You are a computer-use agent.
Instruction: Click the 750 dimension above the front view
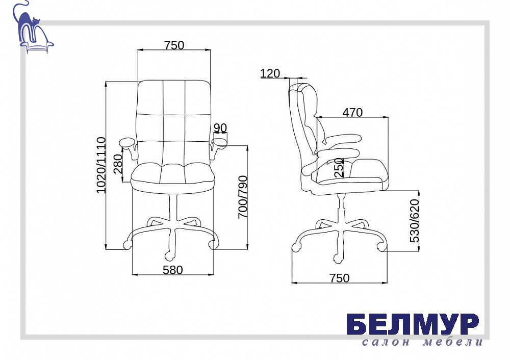pyautogui.click(x=174, y=45)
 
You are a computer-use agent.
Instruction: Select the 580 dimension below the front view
pyautogui.click(x=173, y=270)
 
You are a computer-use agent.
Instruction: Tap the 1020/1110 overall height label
pyautogui.click(x=101, y=165)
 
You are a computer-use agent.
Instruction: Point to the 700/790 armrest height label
pyautogui.click(x=243, y=197)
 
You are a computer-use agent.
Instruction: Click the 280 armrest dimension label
pyautogui.click(x=118, y=164)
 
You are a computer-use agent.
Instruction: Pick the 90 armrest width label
pyautogui.click(x=220, y=128)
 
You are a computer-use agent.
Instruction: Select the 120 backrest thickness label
pyautogui.click(x=270, y=73)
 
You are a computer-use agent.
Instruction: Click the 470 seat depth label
pyautogui.click(x=352, y=113)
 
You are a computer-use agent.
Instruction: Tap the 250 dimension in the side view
pyautogui.click(x=339, y=167)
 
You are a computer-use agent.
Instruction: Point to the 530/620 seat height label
pyautogui.click(x=414, y=221)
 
